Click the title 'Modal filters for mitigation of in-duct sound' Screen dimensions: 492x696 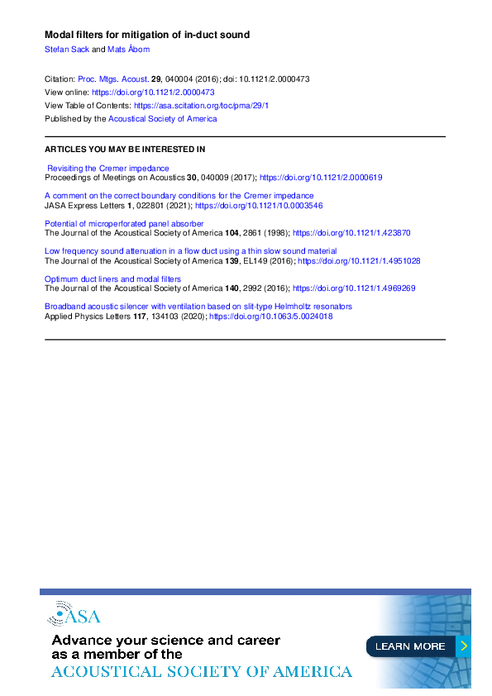146,35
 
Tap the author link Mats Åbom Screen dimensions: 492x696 129,50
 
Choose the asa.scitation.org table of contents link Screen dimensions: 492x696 201,106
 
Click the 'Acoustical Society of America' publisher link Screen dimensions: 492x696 163,119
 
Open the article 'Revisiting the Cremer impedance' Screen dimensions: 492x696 108,168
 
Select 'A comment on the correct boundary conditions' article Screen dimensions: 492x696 179,196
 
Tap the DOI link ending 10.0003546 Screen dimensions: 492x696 259,205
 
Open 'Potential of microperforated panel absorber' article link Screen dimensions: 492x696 123,223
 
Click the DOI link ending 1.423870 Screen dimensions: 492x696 351,233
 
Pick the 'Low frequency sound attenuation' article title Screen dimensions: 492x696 190,251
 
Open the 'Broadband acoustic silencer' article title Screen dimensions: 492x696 198,307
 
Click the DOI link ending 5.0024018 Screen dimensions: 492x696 270,317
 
